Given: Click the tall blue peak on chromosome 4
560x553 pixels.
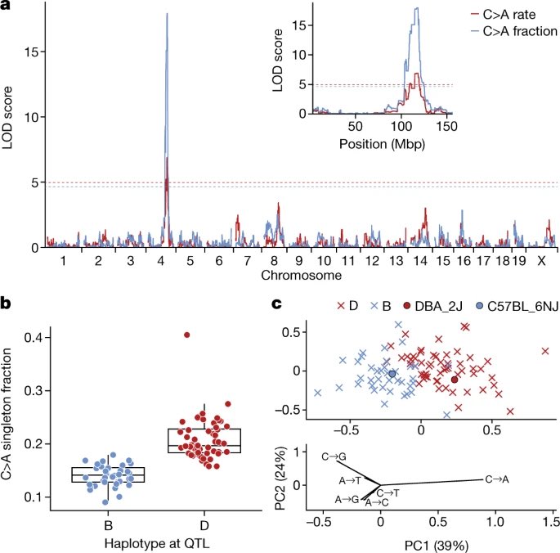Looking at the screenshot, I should pos(167,16).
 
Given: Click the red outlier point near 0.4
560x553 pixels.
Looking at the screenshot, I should pos(186,335).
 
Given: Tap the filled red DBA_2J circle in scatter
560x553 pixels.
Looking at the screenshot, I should pos(455,380).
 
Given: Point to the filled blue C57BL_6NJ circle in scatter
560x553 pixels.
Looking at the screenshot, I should pos(392,374).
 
